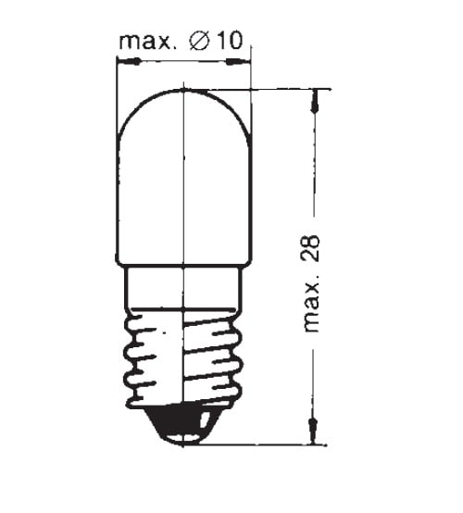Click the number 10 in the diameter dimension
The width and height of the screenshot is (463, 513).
click(x=231, y=41)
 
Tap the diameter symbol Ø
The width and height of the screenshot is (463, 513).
click(x=199, y=42)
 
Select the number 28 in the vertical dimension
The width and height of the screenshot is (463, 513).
click(x=310, y=248)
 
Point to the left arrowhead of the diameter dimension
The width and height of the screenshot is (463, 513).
click(x=129, y=61)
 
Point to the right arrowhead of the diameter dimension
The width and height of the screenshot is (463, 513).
click(x=239, y=61)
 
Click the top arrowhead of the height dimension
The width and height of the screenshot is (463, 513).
click(x=315, y=101)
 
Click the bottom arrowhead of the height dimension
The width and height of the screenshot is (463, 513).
click(x=314, y=432)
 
